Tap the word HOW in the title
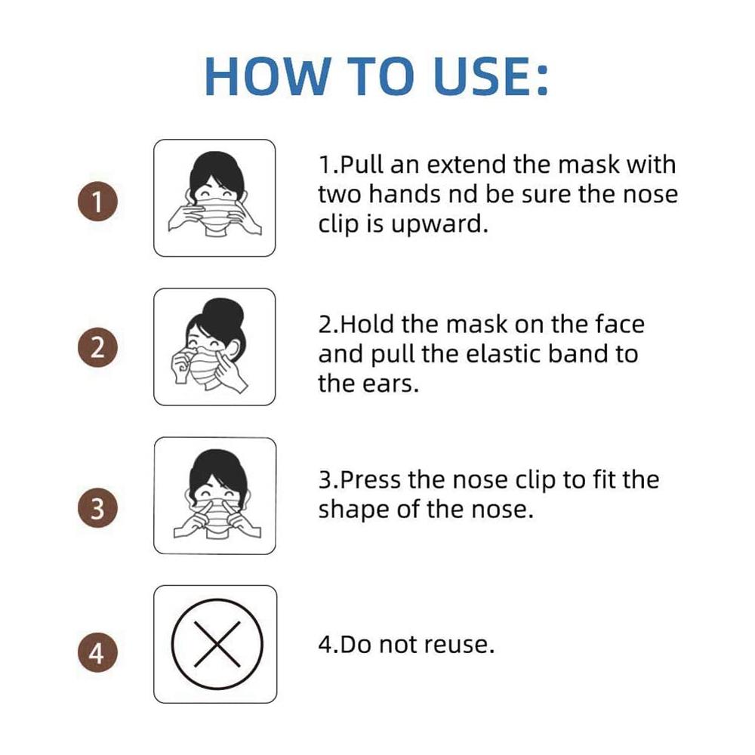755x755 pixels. coord(268,76)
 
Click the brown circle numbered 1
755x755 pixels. coord(97,202)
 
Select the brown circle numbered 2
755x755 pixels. coord(97,347)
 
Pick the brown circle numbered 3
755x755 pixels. coord(97,507)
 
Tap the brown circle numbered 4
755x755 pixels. coord(97,652)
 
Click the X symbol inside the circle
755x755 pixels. coord(217,644)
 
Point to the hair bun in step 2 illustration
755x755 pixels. coord(223,316)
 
